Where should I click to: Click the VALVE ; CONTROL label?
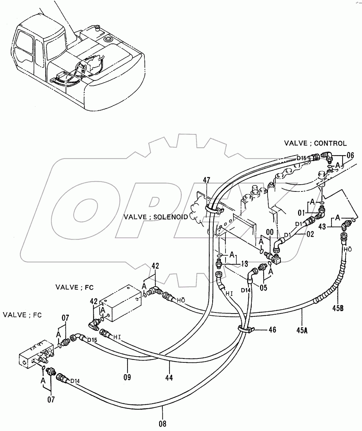315,144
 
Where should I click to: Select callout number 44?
169,377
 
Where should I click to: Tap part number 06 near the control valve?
350,156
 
